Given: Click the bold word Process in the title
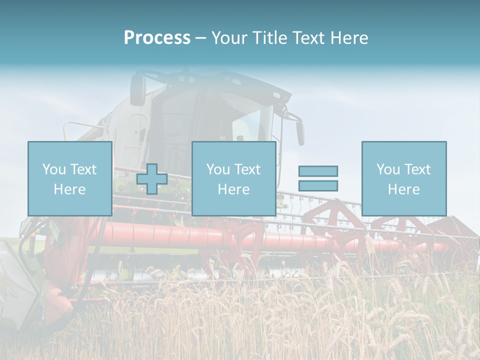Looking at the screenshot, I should click(x=157, y=38).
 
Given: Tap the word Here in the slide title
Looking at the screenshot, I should click(x=348, y=38).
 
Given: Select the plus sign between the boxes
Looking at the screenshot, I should click(x=152, y=179).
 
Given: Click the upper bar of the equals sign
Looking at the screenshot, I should click(x=318, y=171).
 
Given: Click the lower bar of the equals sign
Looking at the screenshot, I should click(x=318, y=185).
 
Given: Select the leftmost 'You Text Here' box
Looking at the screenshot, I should click(x=69, y=178).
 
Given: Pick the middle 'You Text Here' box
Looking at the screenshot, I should click(x=233, y=178).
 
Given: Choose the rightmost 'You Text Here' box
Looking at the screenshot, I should click(x=403, y=178).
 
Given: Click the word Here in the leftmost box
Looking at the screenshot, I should click(x=69, y=189).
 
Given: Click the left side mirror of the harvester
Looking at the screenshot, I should click(x=137, y=90).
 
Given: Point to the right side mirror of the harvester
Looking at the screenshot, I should click(x=300, y=132).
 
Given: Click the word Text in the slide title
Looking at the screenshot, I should click(x=308, y=38).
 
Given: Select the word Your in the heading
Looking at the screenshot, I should click(x=230, y=38).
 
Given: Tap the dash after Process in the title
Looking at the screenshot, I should click(x=200, y=38).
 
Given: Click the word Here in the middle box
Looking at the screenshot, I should click(x=233, y=189).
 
